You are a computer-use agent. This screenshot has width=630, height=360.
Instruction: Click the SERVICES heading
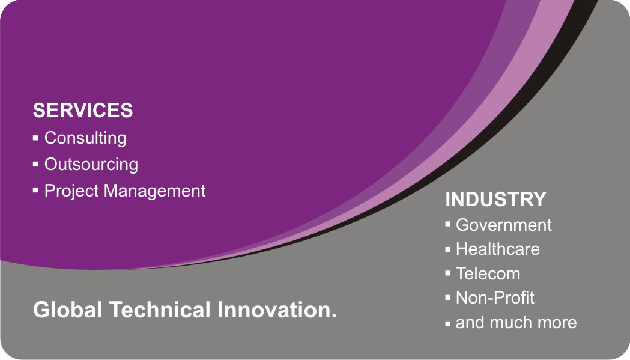tap(83, 110)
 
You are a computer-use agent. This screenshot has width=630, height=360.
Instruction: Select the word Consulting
tap(85, 138)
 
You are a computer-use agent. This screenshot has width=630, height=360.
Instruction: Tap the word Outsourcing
tap(91, 165)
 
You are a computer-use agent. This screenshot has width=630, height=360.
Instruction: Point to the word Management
tap(155, 191)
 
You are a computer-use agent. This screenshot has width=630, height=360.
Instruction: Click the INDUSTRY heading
tap(496, 199)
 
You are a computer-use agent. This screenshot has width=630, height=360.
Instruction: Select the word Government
tap(504, 225)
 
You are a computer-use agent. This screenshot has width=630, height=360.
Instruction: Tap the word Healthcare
tap(498, 249)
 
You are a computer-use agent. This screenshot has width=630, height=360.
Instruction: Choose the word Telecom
tap(488, 274)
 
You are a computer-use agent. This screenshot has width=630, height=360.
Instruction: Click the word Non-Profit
tap(495, 298)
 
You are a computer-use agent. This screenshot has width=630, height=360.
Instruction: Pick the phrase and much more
tap(516, 323)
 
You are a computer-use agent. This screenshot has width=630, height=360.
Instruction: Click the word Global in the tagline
tap(67, 310)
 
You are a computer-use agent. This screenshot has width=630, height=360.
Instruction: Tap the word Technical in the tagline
tap(160, 310)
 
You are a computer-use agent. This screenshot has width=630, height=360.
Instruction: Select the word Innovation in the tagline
tap(274, 310)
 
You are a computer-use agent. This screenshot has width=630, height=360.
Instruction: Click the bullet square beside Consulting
tap(36, 138)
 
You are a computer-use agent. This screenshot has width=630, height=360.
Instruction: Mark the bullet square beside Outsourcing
tap(36, 164)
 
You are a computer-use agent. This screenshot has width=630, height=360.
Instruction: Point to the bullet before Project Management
tap(36, 189)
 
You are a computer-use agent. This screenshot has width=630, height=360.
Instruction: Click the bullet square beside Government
tap(448, 224)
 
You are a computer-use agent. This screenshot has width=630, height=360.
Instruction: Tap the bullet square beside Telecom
tap(448, 273)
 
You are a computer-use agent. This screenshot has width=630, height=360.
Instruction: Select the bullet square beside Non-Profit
tap(448, 298)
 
